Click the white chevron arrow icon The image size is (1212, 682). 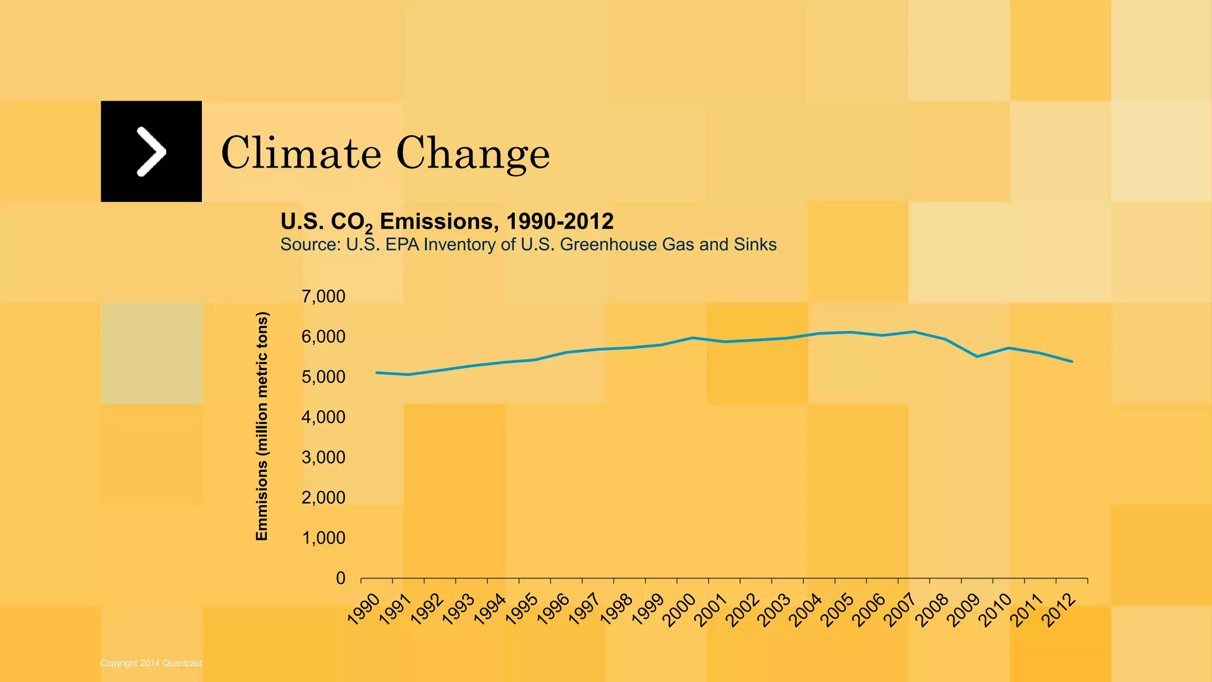point(151,152)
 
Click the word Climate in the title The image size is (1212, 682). point(301,153)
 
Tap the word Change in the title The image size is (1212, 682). point(473,154)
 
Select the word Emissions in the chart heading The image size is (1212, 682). point(436,221)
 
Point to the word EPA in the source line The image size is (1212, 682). point(402,245)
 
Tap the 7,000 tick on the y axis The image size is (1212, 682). point(323,297)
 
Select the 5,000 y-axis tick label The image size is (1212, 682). point(323,377)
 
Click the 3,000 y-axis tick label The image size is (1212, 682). point(323,458)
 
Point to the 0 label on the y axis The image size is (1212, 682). point(340,578)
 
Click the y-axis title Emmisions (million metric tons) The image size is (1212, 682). point(262,426)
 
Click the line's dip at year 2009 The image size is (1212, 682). point(976,356)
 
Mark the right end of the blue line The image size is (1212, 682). point(1072,361)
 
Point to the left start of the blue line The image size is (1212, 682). point(377,372)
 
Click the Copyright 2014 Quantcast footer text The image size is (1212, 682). point(151,663)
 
